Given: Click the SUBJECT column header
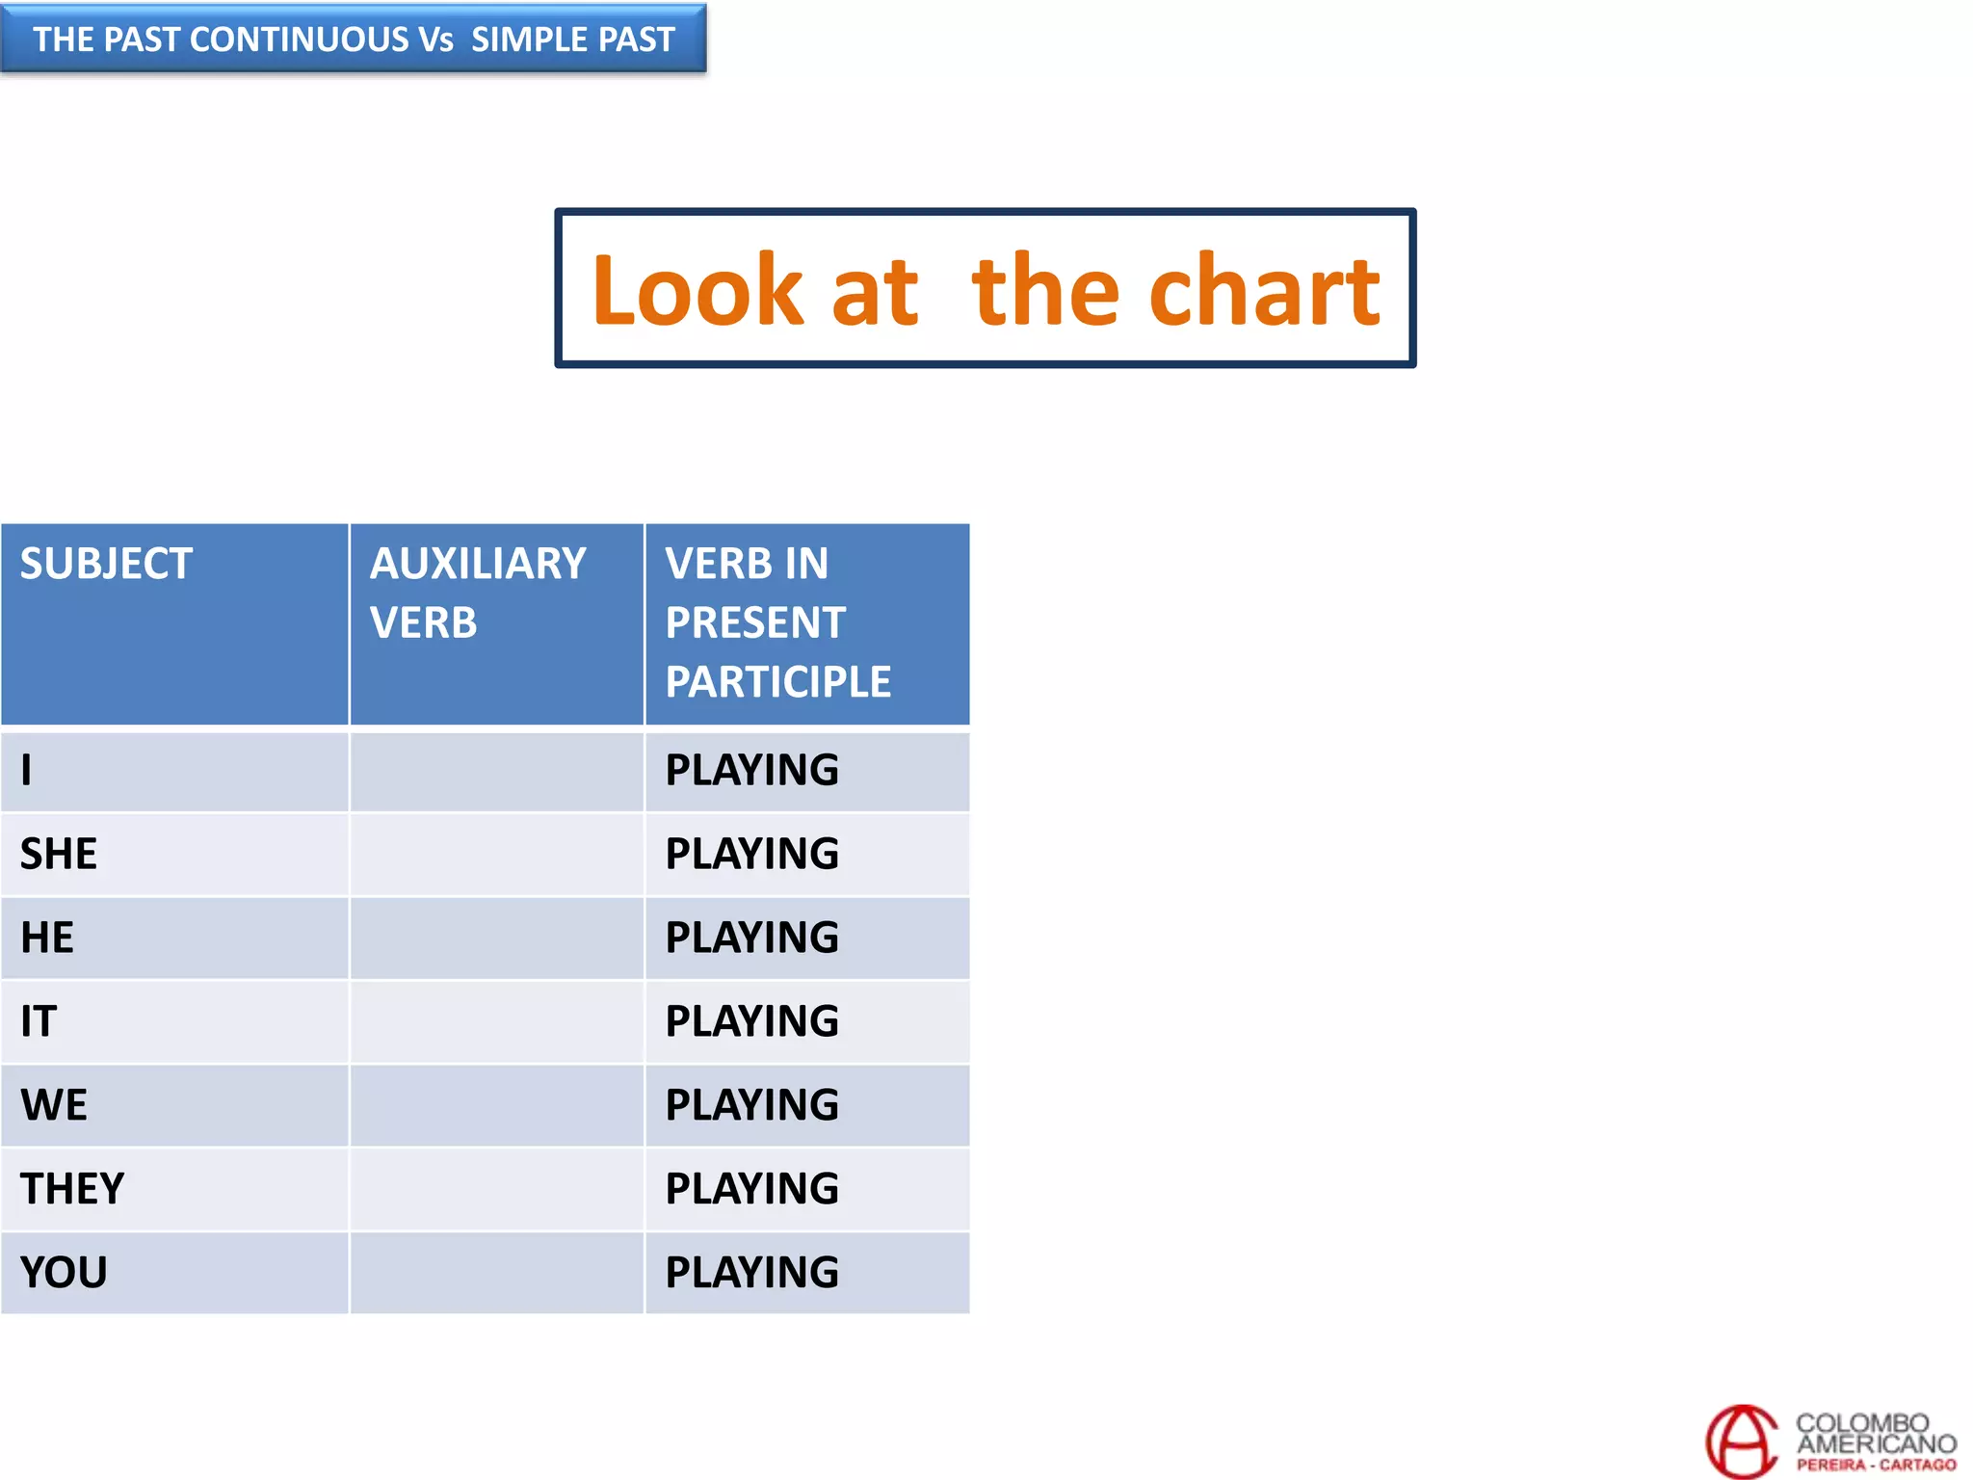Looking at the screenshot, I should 106,564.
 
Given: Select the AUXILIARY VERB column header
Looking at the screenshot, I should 478,593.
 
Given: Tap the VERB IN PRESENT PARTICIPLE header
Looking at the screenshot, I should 776,622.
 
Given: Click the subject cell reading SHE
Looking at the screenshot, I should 59,854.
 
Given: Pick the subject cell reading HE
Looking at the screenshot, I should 47,938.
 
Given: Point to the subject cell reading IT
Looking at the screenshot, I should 39,1021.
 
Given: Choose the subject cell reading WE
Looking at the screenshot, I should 54,1105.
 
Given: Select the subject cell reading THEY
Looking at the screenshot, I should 72,1189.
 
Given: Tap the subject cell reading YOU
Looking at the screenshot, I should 64,1273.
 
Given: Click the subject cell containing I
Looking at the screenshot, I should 26,770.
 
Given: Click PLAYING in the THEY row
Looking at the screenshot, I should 751,1189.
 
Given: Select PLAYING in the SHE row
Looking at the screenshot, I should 751,854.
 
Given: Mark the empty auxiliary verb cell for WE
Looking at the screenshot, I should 496,1105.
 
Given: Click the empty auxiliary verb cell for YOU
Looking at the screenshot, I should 496,1273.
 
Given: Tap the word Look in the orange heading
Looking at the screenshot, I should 697,290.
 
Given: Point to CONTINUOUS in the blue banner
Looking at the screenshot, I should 300,40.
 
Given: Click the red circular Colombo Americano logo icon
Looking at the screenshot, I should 1742,1441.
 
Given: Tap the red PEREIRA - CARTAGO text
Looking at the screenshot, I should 1875,1466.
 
